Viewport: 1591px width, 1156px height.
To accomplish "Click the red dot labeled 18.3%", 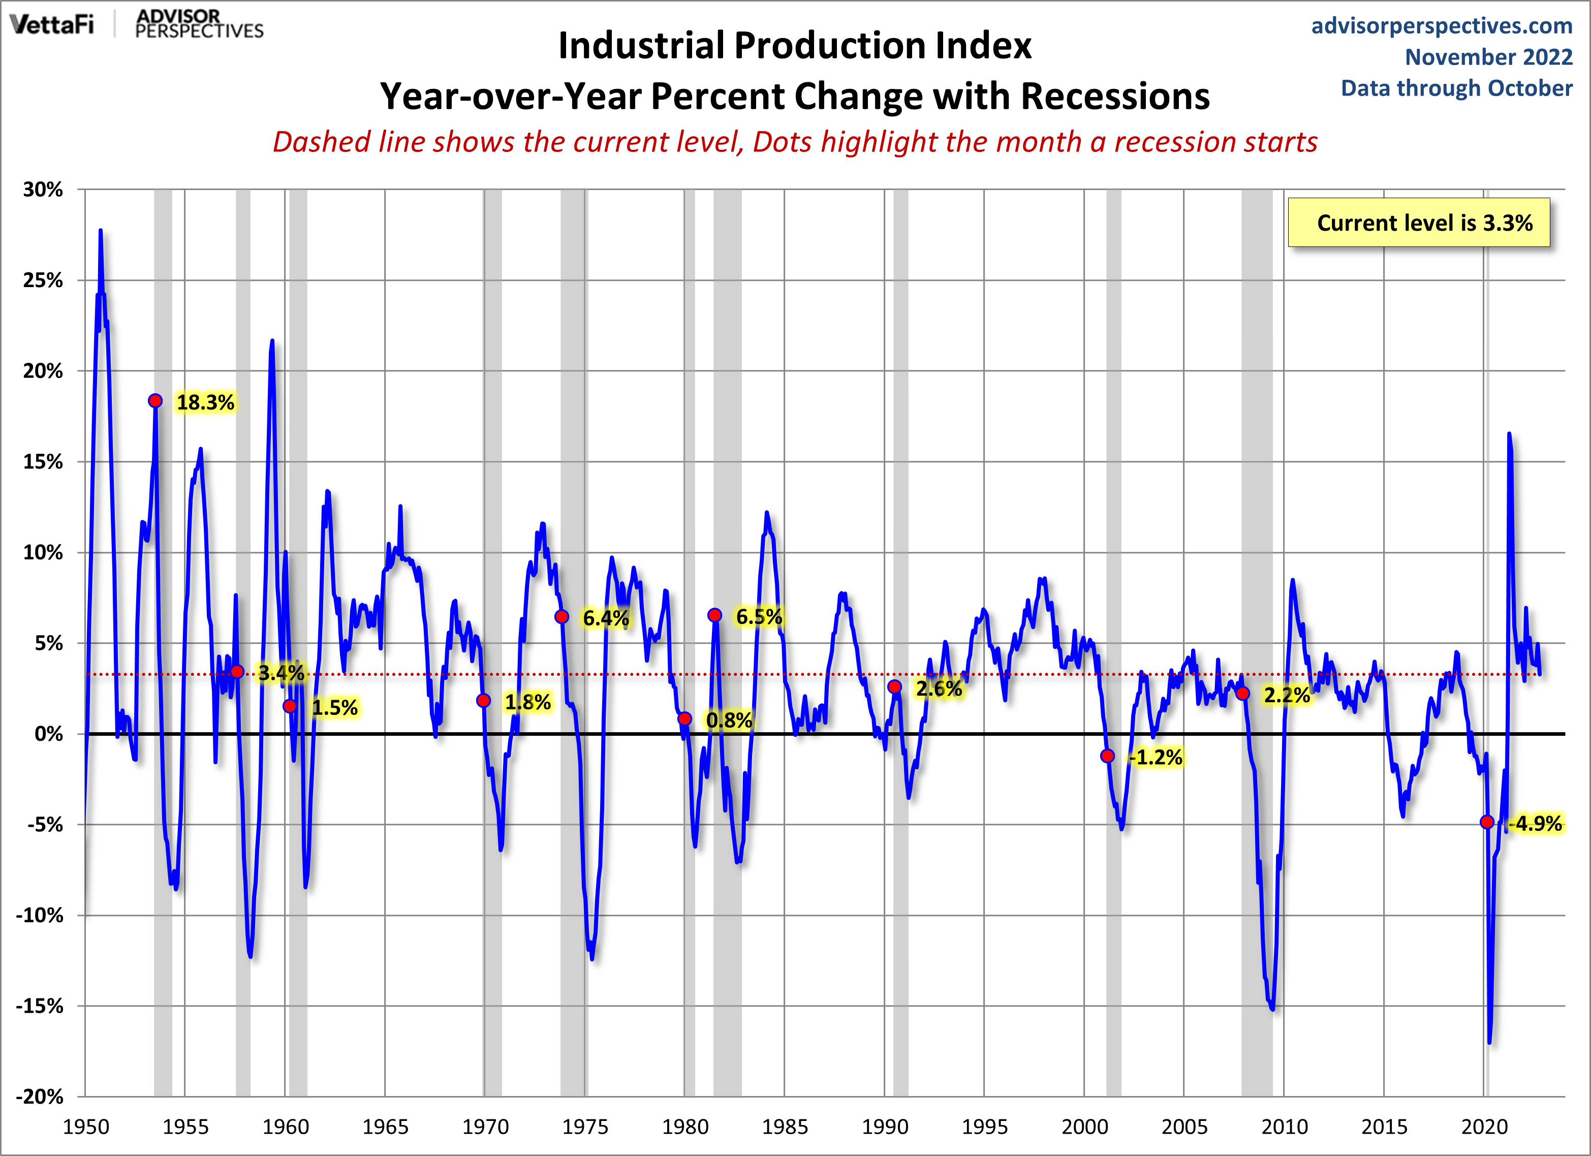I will coord(155,400).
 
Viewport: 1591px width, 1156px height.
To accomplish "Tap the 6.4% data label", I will coord(605,618).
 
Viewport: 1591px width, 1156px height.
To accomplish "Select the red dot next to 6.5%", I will coord(714,615).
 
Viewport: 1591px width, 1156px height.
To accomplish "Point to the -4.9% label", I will coord(1536,824).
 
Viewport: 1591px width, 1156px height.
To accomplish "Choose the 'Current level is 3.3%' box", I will coord(1418,223).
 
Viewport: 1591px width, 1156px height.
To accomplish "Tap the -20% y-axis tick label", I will coord(40,1097).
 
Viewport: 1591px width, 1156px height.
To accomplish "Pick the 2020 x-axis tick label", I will coord(1484,1127).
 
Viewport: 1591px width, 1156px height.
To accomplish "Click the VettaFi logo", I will coord(52,24).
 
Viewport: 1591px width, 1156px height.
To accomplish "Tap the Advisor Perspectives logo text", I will coord(199,24).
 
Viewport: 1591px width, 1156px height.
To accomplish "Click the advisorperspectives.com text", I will coord(1442,25).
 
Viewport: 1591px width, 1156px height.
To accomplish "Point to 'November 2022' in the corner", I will coord(1488,57).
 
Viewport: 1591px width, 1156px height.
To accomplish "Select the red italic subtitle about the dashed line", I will coord(795,142).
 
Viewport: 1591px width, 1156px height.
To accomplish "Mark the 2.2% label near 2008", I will coord(1287,695).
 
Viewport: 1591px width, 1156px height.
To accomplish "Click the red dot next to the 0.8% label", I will coord(684,718).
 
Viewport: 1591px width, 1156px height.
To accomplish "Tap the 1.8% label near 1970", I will coord(527,701).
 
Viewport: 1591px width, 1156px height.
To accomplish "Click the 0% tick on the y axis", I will coord(49,734).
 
